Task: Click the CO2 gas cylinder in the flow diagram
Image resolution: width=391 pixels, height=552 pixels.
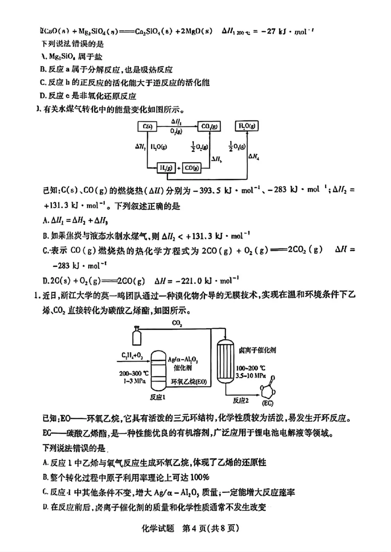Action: [x=135, y=338]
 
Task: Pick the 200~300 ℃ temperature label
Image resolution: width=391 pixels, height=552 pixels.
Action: [x=131, y=372]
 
